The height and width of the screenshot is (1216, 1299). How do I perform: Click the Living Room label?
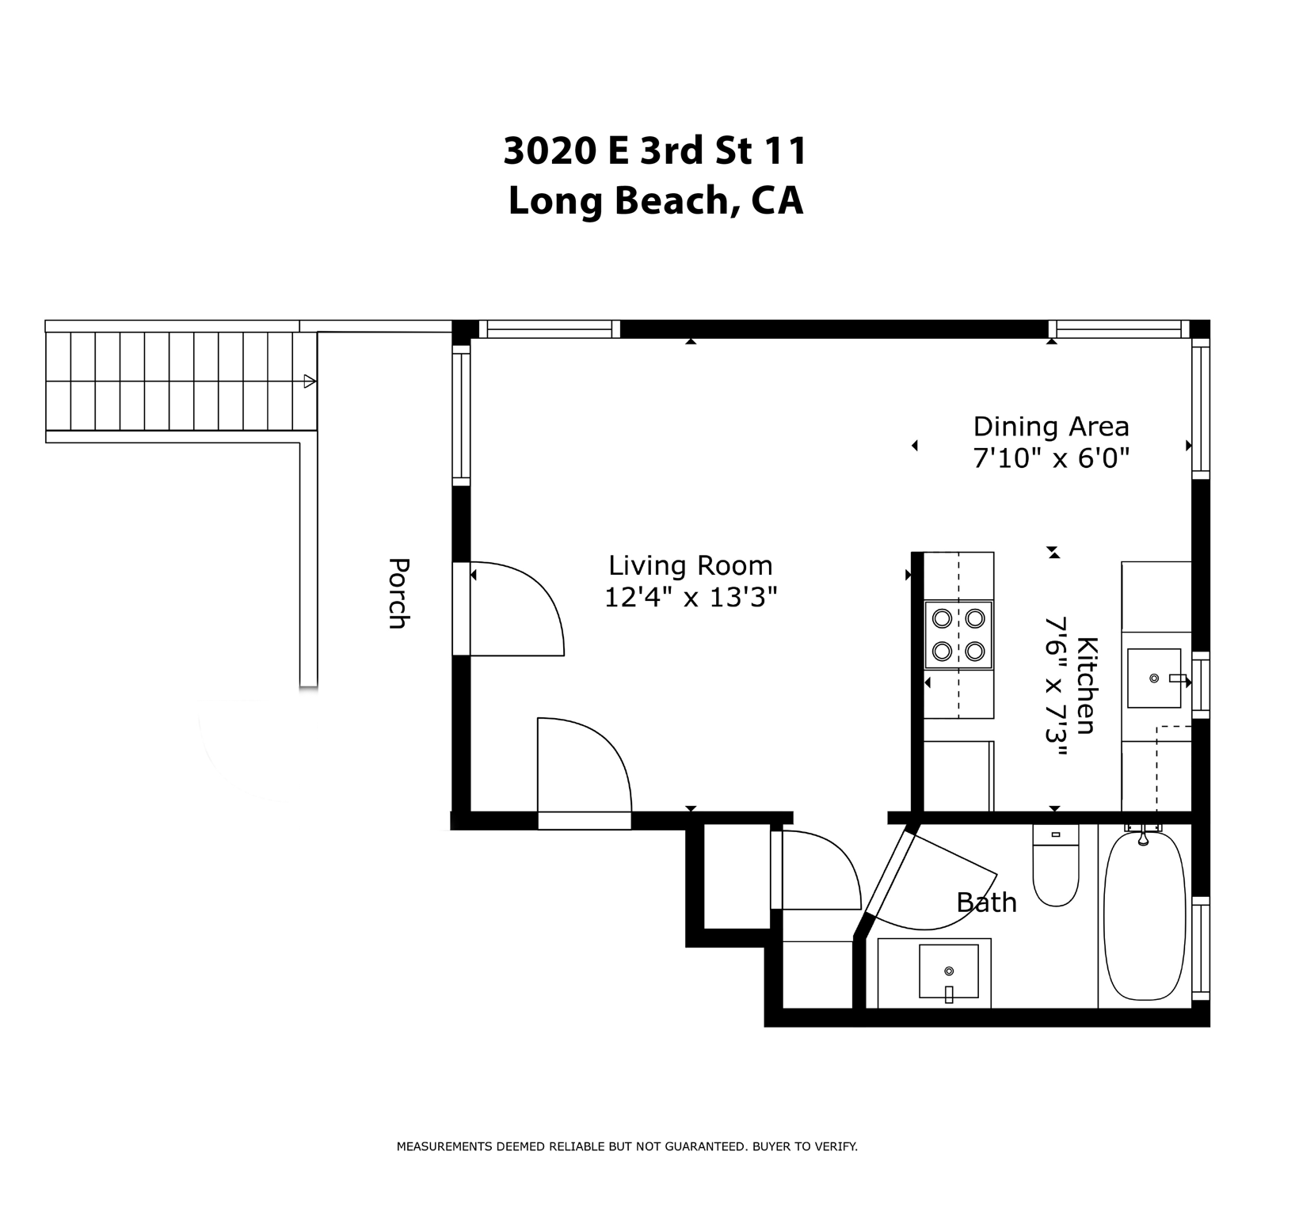690,566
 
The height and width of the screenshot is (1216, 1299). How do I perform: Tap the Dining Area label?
1050,427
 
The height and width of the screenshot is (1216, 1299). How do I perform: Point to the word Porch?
398,594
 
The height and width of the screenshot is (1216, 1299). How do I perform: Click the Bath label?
986,902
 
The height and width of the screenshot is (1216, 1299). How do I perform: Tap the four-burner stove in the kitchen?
958,634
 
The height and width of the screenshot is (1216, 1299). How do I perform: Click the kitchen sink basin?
1154,678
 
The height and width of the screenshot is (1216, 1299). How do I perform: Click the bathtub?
1145,918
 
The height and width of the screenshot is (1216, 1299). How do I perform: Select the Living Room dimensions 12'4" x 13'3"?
690,598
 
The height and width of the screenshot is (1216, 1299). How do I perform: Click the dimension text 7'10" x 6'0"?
1050,458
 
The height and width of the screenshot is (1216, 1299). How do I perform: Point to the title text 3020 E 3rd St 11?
655,150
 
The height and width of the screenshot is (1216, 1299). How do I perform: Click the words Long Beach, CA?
655,200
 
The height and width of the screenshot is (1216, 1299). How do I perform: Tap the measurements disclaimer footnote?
627,1146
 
